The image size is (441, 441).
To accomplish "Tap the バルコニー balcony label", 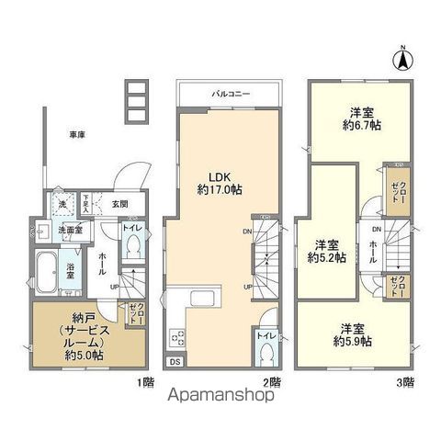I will (230, 94).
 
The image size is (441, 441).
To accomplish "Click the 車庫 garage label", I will (77, 136).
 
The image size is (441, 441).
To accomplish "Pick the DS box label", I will (175, 363).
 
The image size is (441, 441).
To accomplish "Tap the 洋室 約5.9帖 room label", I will (352, 334).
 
